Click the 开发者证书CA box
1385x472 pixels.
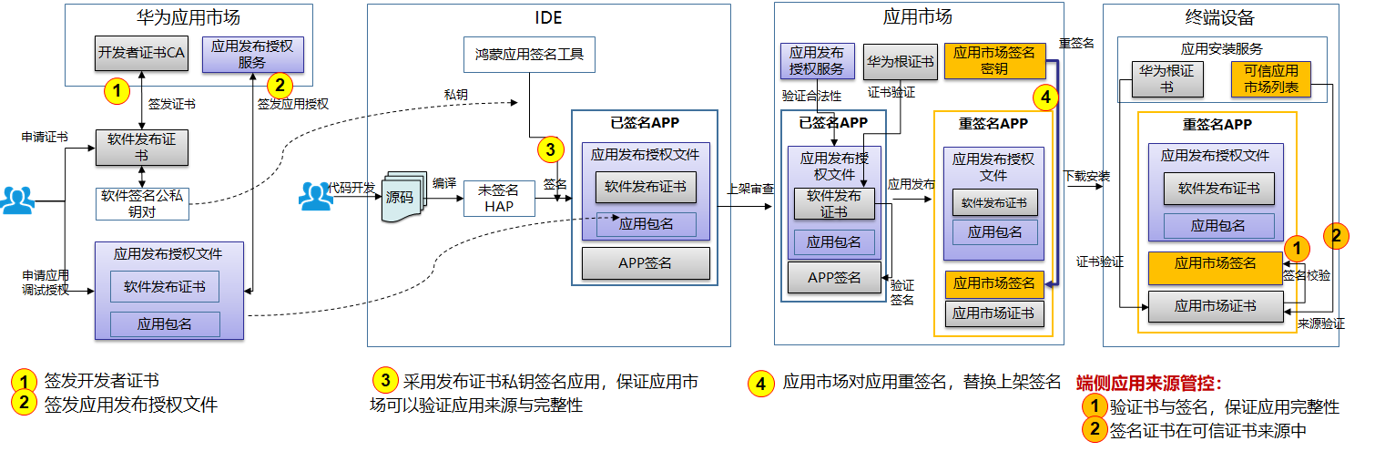(141, 53)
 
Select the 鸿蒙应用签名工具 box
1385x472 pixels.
(529, 55)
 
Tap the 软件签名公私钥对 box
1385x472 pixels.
(141, 203)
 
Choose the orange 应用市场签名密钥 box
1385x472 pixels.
(993, 60)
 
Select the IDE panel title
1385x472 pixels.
(548, 17)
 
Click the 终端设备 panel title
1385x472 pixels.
(1221, 17)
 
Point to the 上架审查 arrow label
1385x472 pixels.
(749, 190)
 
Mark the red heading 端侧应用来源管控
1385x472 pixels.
(1149, 383)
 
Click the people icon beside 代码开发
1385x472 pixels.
(316, 197)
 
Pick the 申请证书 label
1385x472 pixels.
(45, 137)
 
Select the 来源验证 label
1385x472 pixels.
(1320, 323)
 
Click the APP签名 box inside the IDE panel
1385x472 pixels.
(645, 263)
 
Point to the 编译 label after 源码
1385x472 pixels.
(444, 182)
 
